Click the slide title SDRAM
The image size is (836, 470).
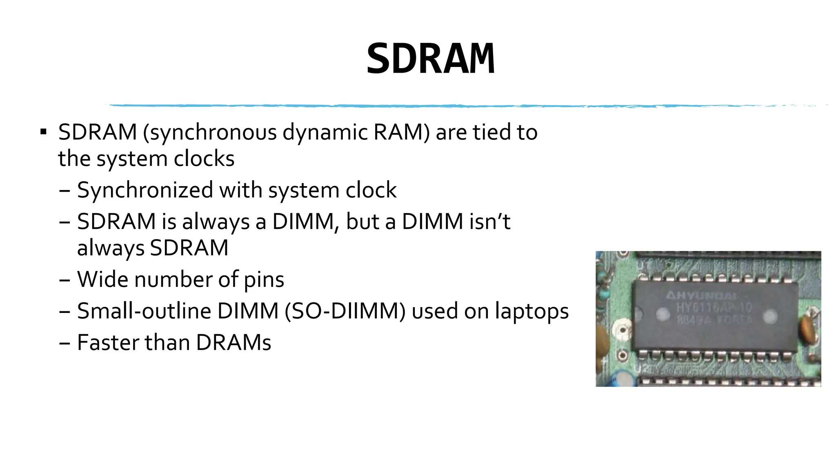[x=430, y=59]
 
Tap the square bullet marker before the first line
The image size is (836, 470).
[x=43, y=132]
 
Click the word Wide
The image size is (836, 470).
[x=102, y=279]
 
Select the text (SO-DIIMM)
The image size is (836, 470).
[x=345, y=311]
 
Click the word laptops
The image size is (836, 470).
[x=531, y=311]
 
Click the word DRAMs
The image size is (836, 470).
[x=233, y=342]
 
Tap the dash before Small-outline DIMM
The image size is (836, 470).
[x=64, y=312]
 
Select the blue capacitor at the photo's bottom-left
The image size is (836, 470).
[x=621, y=379]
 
